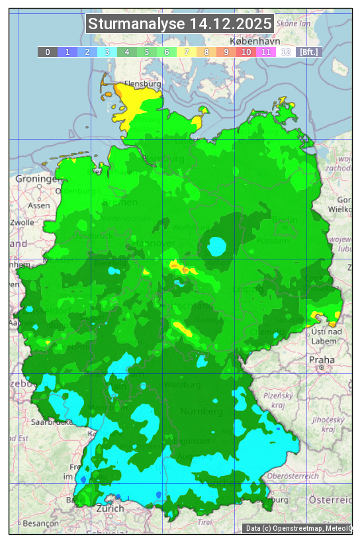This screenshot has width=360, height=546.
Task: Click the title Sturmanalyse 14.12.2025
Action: pyautogui.click(x=180, y=24)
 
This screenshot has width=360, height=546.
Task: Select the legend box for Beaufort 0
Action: pyautogui.click(x=48, y=52)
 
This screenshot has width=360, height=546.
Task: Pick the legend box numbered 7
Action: pyautogui.click(x=187, y=52)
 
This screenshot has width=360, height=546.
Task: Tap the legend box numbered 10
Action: pyautogui.click(x=246, y=52)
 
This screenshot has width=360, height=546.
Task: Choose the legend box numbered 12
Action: pyautogui.click(x=286, y=52)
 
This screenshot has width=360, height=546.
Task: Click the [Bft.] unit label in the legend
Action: pyautogui.click(x=309, y=52)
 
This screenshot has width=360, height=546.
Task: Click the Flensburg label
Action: pyautogui.click(x=144, y=85)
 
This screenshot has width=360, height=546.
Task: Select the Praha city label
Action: pyautogui.click(x=322, y=360)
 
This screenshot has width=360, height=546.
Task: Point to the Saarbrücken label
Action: pyautogui.click(x=52, y=422)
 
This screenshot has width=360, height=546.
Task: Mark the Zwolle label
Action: pyautogui.click(x=22, y=222)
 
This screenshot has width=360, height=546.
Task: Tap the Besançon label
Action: pyautogui.click(x=40, y=523)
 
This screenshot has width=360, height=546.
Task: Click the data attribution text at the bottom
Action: pyautogui.click(x=298, y=528)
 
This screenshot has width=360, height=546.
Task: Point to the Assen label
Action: pyautogui.click(x=39, y=206)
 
